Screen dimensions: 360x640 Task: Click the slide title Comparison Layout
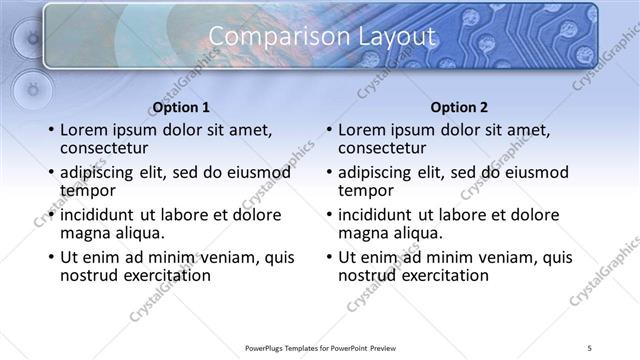321,37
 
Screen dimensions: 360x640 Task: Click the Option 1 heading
181,107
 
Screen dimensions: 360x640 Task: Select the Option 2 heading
460,107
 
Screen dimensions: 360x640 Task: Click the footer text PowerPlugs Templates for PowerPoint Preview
320,347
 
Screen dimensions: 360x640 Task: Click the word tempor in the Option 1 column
88,191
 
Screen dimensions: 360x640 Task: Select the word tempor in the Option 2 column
366,191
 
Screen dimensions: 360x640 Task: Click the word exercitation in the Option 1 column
163,275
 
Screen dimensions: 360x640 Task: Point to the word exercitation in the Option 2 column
441,275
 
